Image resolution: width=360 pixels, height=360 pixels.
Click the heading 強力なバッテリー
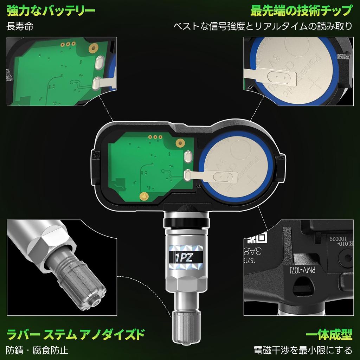click(x=51, y=11)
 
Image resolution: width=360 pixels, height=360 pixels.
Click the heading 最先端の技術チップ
click(x=301, y=11)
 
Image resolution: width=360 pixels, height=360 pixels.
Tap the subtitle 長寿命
click(x=20, y=27)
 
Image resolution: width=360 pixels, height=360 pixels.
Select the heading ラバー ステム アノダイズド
click(x=76, y=334)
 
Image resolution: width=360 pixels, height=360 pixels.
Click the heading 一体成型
click(x=329, y=335)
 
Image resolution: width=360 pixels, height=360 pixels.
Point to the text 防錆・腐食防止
click(x=37, y=350)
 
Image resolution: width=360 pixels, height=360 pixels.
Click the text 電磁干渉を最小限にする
click(x=303, y=350)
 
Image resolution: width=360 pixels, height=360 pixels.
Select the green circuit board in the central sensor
click(x=148, y=165)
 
